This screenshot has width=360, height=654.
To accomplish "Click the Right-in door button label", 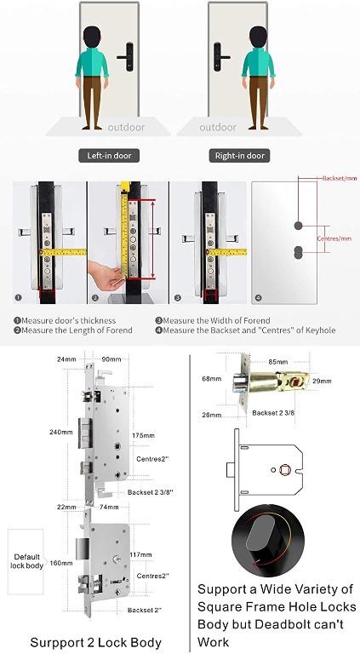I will coord(241,156).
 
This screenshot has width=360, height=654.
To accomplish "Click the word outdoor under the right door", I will coord(218,128).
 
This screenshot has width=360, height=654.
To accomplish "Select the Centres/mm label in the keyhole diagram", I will coord(332,239).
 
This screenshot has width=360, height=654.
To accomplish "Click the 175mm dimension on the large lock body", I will coord(144,436).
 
